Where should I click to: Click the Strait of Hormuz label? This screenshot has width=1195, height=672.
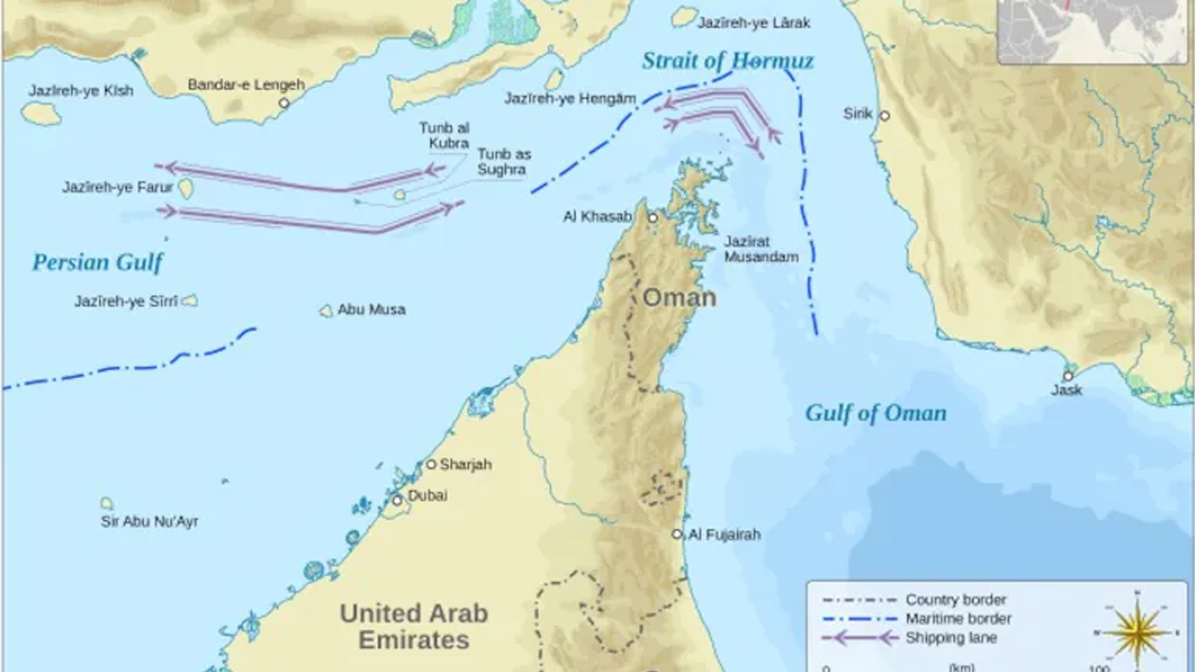tap(727, 62)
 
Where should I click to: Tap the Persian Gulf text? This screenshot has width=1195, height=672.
tap(97, 262)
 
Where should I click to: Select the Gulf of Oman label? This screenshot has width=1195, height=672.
tap(875, 413)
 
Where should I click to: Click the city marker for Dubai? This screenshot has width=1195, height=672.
tap(397, 500)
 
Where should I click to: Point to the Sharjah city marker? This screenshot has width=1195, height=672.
tap(431, 464)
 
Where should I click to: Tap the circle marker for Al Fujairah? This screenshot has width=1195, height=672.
tap(678, 534)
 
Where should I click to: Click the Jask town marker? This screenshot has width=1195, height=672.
tap(1068, 376)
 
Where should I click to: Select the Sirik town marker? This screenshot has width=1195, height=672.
tap(884, 116)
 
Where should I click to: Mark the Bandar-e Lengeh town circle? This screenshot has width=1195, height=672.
tap(284, 103)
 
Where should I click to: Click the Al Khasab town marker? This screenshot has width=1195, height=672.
tap(654, 217)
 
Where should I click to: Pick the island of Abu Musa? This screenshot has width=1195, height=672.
tap(326, 311)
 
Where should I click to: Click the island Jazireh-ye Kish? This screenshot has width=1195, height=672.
tap(41, 113)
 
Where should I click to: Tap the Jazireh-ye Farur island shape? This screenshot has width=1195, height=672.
tap(186, 189)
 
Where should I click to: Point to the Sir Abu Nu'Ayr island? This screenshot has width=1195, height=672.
tap(107, 503)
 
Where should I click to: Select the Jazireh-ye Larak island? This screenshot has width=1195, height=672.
tap(684, 17)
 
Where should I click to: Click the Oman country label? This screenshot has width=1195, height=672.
tap(679, 298)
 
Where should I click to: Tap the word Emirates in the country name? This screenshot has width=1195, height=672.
tap(414, 640)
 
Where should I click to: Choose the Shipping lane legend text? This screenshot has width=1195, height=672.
tap(951, 637)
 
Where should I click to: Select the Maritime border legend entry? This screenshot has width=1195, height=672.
tap(958, 618)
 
